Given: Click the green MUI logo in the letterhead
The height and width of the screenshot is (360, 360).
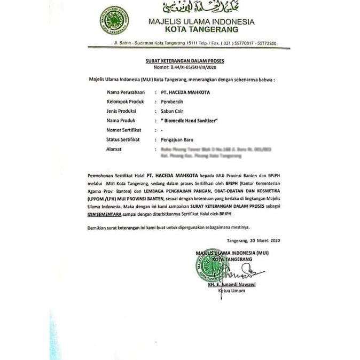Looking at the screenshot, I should click(114, 20).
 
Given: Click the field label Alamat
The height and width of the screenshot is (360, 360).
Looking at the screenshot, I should click(115, 149).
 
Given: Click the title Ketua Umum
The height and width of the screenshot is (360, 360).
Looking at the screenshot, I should click(231, 292).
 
